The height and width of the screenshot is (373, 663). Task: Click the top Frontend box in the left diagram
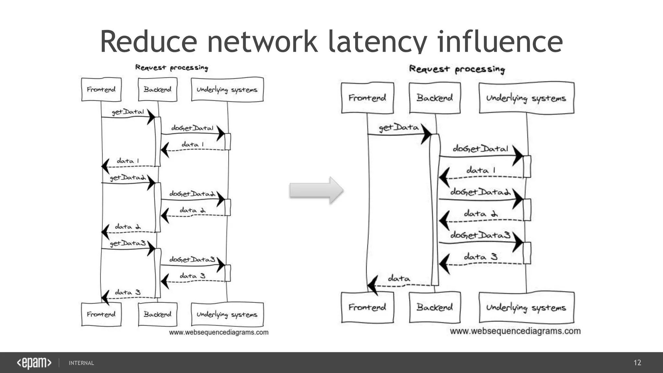pyautogui.click(x=101, y=89)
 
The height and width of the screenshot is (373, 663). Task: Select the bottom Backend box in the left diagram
pyautogui.click(x=158, y=314)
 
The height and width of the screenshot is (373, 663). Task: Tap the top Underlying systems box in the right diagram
pyautogui.click(x=526, y=98)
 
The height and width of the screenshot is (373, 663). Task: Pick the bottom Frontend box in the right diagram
pyautogui.click(x=367, y=307)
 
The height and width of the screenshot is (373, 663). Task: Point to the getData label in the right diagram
pyautogui.click(x=399, y=128)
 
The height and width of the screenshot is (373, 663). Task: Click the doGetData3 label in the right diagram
pyautogui.click(x=480, y=235)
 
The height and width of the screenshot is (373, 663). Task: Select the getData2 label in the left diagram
pyautogui.click(x=128, y=177)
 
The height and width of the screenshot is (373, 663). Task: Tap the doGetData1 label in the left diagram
pyautogui.click(x=192, y=128)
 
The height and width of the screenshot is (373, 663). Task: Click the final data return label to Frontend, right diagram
pyautogui.click(x=399, y=278)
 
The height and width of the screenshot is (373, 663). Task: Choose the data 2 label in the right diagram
pyautogui.click(x=480, y=214)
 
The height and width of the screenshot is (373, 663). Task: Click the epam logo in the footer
pyautogui.click(x=34, y=363)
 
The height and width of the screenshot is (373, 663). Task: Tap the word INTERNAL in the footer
pyautogui.click(x=81, y=363)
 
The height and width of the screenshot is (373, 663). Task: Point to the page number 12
pyautogui.click(x=637, y=363)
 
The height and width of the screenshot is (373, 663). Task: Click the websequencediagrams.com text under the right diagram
pyautogui.click(x=515, y=331)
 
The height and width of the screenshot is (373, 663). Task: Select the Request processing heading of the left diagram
pyautogui.click(x=172, y=68)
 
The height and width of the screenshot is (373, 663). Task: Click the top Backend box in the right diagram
pyautogui.click(x=435, y=98)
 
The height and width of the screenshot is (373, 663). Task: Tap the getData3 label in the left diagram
pyautogui.click(x=128, y=243)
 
